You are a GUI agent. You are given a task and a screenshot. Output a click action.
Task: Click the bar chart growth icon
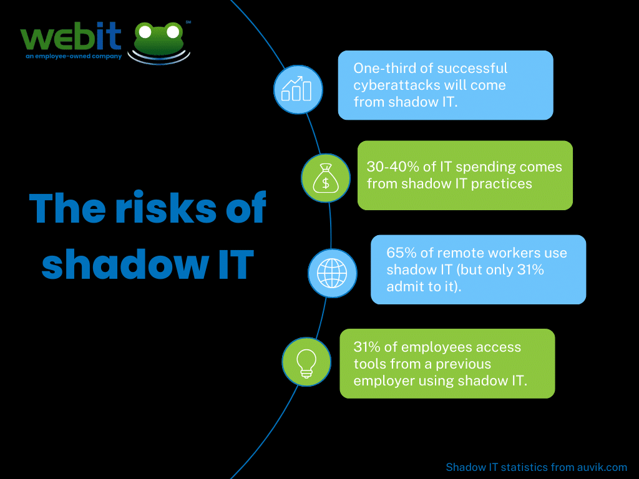298,89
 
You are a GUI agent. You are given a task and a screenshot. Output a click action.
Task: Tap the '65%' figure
400,253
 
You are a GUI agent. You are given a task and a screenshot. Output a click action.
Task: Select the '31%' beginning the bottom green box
367,347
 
